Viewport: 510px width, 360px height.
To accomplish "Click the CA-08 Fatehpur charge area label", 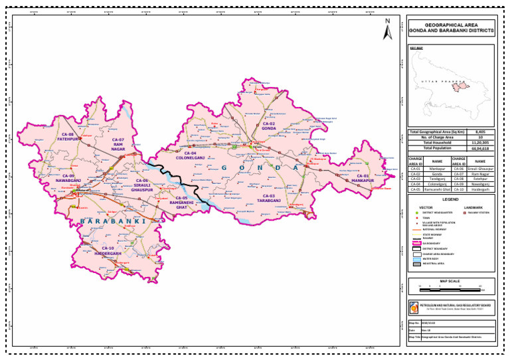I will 67,137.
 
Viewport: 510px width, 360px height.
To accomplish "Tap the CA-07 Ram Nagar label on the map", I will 119,144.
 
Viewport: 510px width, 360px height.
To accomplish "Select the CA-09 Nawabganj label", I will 68,178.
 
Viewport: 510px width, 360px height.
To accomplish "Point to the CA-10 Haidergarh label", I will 108,250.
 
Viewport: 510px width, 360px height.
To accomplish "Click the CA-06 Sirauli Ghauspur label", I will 142,185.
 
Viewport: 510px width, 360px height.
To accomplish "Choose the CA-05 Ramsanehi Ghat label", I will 181,201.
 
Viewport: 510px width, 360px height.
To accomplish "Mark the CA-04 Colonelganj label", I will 190,155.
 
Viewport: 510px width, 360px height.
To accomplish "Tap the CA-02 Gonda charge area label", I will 268,126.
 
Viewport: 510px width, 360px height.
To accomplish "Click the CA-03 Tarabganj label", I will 268,198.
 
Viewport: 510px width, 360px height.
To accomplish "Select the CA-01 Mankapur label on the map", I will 363,178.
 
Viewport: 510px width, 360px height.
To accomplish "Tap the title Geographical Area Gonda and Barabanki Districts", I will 451,27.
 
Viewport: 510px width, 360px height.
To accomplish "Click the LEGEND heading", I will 451,199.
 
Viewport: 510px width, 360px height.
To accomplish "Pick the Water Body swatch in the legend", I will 417,258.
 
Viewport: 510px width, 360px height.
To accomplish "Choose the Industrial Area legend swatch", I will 417,264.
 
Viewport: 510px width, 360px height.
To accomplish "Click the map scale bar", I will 451,290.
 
